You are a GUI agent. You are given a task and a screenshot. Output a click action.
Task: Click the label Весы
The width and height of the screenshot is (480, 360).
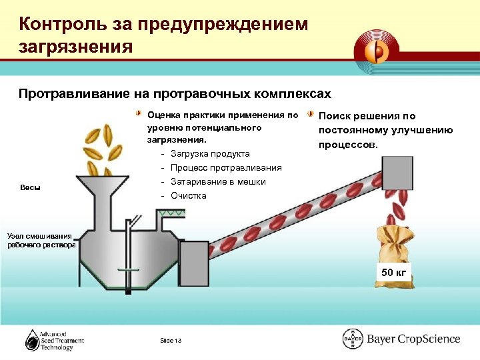(x=31, y=187)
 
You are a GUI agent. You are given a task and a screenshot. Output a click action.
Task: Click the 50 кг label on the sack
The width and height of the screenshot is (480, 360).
(x=393, y=272)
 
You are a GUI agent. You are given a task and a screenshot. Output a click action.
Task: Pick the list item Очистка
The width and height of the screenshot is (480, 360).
(x=189, y=196)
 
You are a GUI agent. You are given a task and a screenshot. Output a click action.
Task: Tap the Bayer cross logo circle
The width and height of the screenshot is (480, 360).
(x=352, y=339)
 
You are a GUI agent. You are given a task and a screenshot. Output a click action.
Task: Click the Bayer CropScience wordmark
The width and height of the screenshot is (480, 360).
(x=413, y=339)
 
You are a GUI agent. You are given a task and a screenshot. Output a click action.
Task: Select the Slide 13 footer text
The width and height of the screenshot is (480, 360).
(x=171, y=341)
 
